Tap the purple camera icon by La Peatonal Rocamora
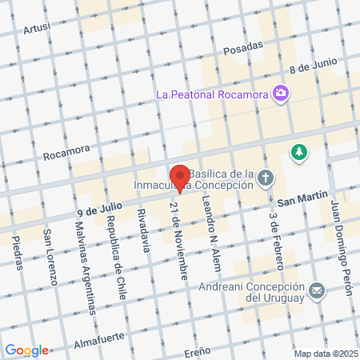[280, 94]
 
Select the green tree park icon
[299, 151]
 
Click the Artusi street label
[37, 29]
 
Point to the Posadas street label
[242, 48]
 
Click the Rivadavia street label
[142, 230]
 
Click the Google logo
[26, 350]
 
